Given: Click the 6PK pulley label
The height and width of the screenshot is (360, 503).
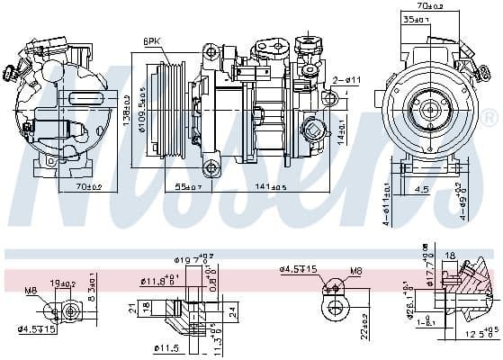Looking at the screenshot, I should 151,40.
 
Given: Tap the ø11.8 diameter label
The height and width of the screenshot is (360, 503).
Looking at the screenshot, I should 158,281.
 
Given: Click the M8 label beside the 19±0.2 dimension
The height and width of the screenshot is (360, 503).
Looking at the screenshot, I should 31,291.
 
